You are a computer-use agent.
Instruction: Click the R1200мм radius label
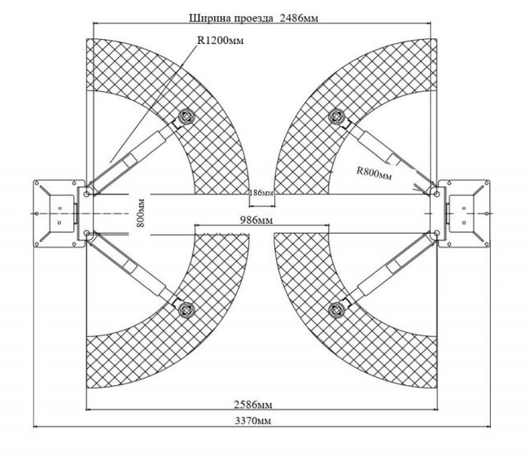pyautogui.click(x=221, y=40)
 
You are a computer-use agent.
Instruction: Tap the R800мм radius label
pyautogui.click(x=375, y=173)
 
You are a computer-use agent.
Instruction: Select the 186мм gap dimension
pyautogui.click(x=261, y=193)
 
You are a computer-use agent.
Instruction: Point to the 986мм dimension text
pyautogui.click(x=256, y=221)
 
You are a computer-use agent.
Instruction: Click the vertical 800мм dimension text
pyautogui.click(x=141, y=213)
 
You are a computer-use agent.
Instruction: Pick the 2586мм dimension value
pyautogui.click(x=253, y=405)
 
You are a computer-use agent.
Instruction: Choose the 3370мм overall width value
pyautogui.click(x=253, y=421)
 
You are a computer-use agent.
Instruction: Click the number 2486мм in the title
pyautogui.click(x=299, y=18)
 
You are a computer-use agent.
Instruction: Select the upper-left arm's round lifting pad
pyautogui.click(x=186, y=116)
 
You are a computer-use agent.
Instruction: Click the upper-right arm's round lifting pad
pyautogui.click(x=337, y=116)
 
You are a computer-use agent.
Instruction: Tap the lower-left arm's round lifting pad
pyautogui.click(x=186, y=309)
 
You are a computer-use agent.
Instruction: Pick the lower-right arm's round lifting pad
pyautogui.click(x=337, y=309)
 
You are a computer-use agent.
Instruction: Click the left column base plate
pyautogui.click(x=59, y=213)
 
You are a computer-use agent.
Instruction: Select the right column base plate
pyautogui.click(x=464, y=213)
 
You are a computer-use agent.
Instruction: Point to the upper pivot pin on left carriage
pyautogui.click(x=86, y=194)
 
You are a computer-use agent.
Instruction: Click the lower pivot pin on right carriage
pyautogui.click(x=436, y=233)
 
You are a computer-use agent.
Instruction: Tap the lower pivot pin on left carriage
pyautogui.click(x=86, y=233)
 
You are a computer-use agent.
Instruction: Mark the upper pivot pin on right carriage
pyautogui.click(x=436, y=194)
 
